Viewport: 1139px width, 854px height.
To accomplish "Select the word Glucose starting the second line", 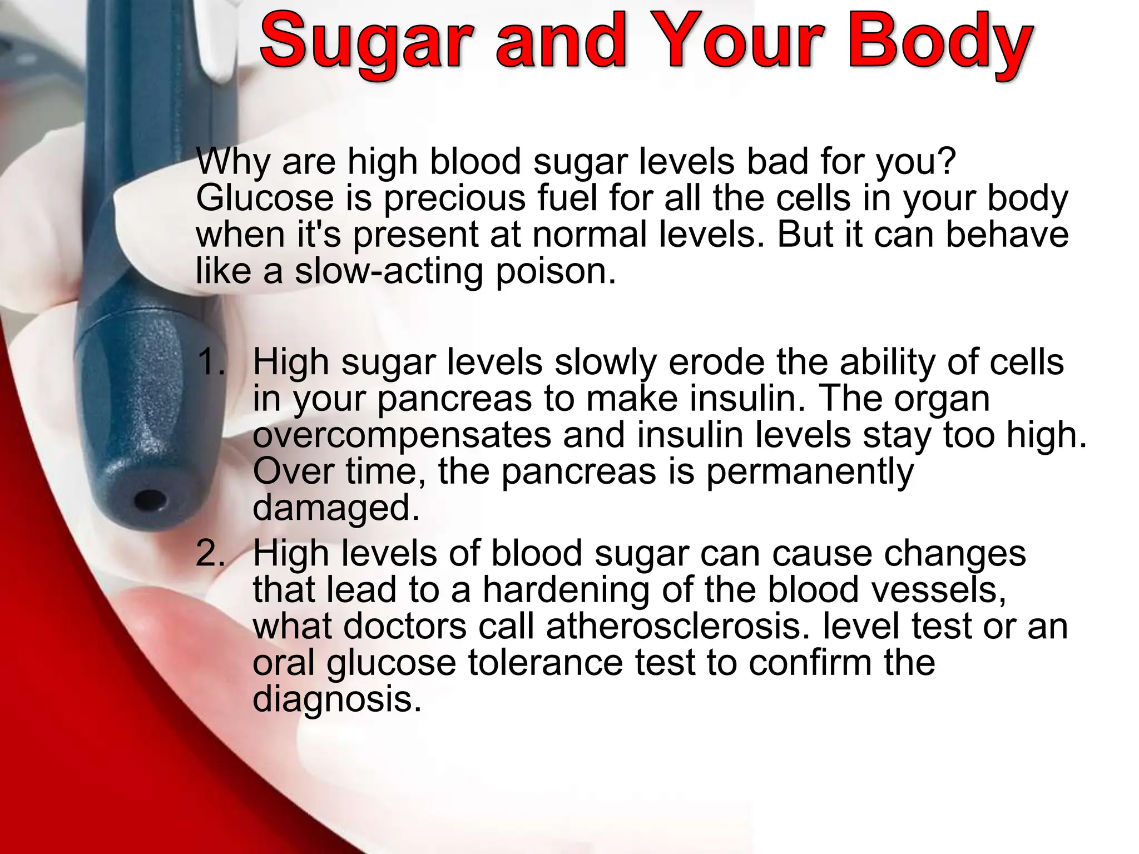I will [x=264, y=198].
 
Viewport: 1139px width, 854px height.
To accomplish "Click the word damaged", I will [x=335, y=508].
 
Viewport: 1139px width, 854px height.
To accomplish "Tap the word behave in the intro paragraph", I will [x=1006, y=235].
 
